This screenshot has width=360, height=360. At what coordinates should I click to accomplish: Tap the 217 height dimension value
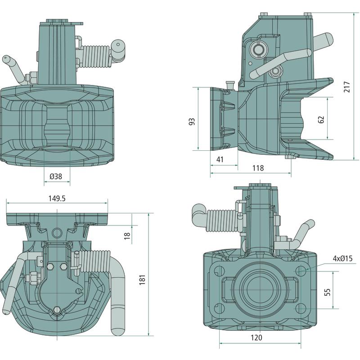point(346,87)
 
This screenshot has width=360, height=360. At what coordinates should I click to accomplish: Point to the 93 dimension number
point(192,122)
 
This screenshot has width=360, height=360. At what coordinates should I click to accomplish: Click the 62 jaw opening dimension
point(321,119)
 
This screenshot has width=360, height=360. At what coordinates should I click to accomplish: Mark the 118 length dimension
point(258,168)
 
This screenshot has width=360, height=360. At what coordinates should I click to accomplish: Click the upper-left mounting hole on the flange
point(220,271)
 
